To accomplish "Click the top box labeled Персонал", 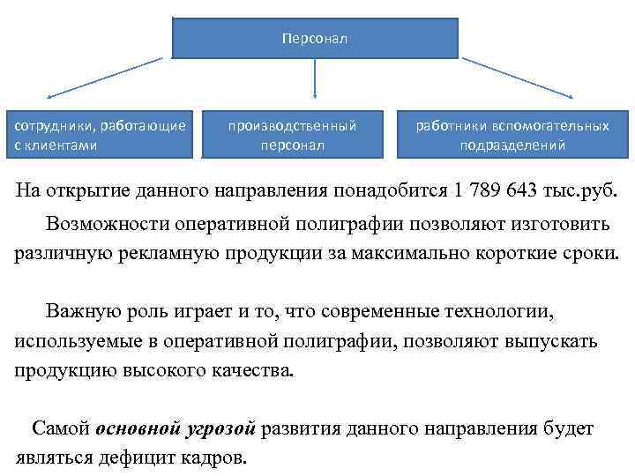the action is click(315, 38).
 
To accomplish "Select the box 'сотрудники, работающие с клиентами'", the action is click(101, 135).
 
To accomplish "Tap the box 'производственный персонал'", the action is click(292, 135).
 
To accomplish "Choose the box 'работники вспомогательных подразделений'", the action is click(512, 135).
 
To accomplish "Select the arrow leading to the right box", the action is click(520, 78).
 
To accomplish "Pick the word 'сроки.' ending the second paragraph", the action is click(590, 253).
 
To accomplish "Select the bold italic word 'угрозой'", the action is click(221, 429).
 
